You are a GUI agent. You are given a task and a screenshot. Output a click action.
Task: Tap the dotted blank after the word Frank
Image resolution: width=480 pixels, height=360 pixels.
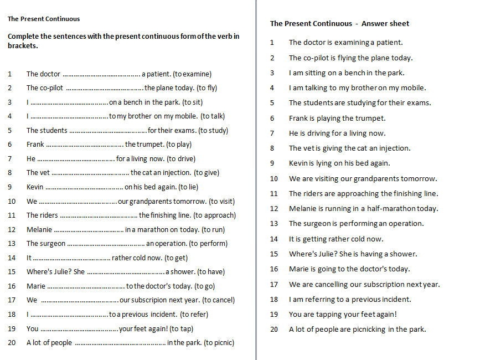coord(84,145)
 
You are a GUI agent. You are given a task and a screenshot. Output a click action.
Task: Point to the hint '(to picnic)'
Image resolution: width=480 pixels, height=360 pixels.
coord(219,342)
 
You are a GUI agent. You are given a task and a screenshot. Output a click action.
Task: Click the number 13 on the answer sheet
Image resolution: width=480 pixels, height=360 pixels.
coord(274,224)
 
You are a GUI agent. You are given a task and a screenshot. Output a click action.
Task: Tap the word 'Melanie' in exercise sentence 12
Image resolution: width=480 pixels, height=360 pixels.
coord(39,229)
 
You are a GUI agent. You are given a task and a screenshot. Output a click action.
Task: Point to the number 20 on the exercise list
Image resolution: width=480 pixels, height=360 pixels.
coord(12,342)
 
